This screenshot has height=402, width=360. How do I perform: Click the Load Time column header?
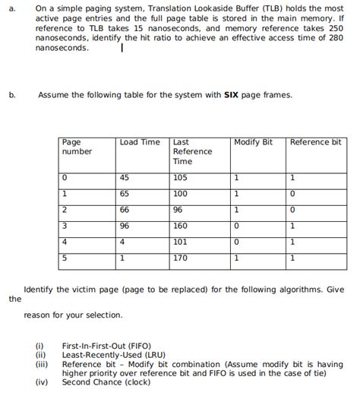[140, 142]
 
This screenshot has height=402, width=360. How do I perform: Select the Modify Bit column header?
[253, 142]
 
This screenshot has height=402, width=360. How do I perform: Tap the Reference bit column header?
[315, 142]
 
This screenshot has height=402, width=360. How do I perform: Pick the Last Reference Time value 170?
[180, 258]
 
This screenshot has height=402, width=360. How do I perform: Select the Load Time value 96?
[125, 226]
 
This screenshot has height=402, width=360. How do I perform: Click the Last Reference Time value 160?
[180, 226]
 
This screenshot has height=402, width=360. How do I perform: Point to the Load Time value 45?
[125, 177]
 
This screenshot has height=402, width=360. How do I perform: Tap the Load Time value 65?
[125, 194]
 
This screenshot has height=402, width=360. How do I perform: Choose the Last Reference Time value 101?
[180, 242]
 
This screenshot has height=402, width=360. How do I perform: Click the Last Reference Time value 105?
[180, 177]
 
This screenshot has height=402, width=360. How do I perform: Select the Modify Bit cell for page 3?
[237, 226]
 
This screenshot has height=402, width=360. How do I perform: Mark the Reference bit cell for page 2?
[292, 210]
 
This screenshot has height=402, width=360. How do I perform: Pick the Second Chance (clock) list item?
[106, 382]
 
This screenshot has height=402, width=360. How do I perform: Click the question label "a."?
[12, 9]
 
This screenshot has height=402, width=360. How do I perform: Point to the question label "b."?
[12, 95]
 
